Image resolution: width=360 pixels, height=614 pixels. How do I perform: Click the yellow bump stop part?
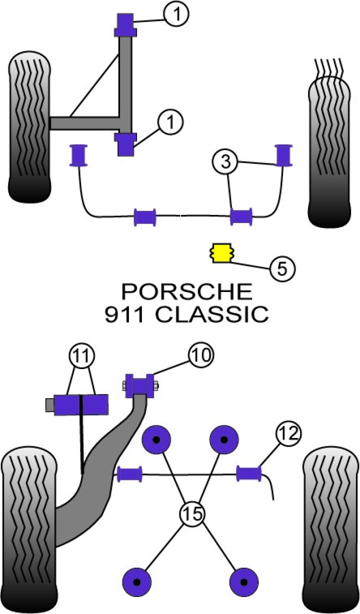pyautogui.click(x=220, y=252)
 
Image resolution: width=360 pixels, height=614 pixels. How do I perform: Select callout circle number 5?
pyautogui.click(x=282, y=269)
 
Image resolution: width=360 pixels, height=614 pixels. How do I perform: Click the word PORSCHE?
pyautogui.click(x=187, y=291)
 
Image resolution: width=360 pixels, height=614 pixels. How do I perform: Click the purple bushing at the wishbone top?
pyautogui.click(x=125, y=25)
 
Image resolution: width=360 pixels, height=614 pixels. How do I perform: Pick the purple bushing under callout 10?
pyautogui.click(x=141, y=386)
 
